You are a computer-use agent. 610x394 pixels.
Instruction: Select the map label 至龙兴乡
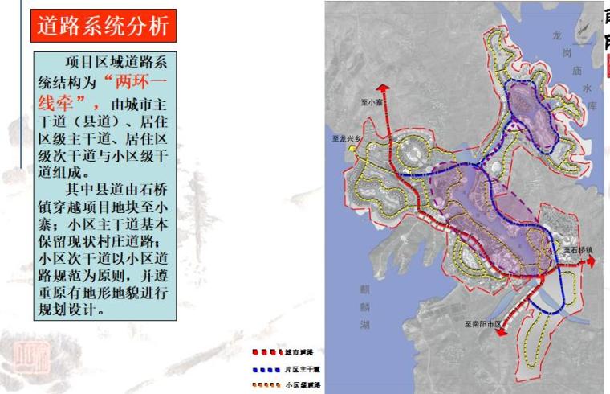click(346, 138)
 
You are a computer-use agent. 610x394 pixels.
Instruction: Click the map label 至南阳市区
click(482, 323)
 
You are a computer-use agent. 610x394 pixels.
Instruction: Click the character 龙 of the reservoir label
click(558, 36)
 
